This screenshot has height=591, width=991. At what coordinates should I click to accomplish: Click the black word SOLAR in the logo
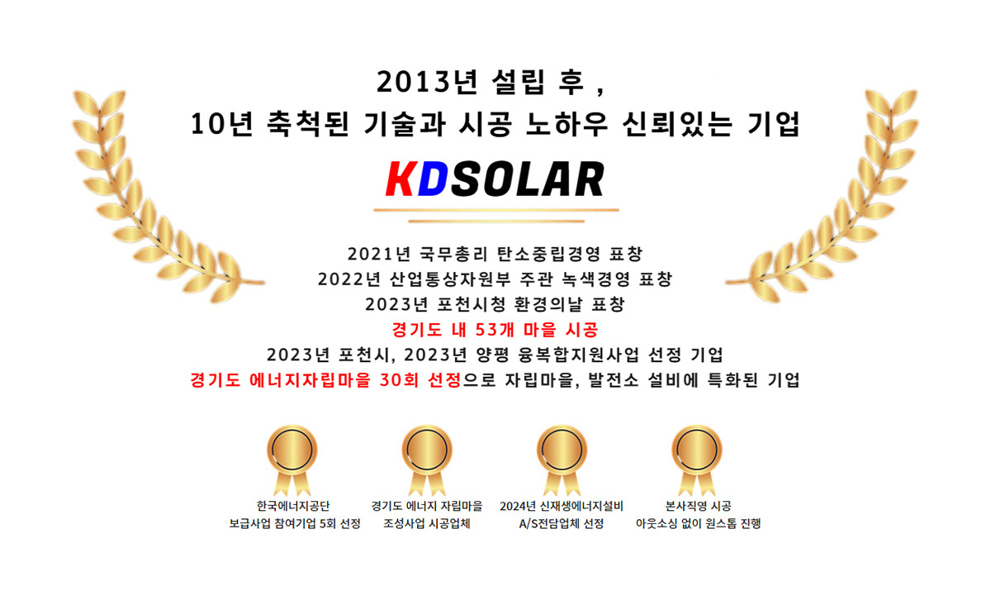coord(528,179)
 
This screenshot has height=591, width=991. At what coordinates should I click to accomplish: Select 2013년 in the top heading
coord(428,82)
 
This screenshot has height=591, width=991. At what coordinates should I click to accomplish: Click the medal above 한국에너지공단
coord(292,461)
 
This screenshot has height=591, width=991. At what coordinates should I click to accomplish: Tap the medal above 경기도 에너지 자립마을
coord(427,461)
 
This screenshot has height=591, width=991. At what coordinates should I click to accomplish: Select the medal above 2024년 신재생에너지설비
coord(562,461)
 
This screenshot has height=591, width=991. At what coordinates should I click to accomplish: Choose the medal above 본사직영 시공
coord(697,461)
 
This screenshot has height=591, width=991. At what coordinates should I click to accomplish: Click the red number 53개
coord(493,330)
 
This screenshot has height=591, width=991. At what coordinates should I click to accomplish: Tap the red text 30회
coord(399,380)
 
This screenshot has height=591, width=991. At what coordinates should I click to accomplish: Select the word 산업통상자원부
coord(450,279)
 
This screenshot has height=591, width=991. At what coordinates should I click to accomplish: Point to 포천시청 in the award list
coord(472,304)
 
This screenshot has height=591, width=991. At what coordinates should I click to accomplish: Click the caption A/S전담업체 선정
coord(562,524)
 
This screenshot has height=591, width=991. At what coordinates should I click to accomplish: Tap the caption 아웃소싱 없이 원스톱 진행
coord(698,524)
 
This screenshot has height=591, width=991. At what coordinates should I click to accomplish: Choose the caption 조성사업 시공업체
coord(426,524)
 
